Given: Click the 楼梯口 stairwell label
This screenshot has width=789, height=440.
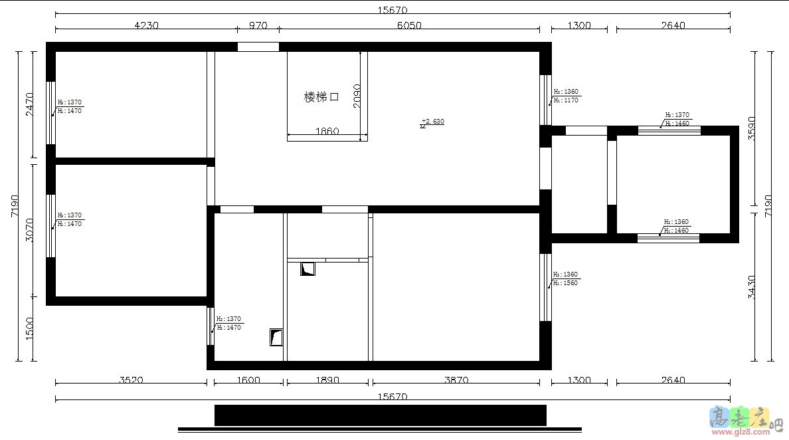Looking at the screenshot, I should click(321, 97).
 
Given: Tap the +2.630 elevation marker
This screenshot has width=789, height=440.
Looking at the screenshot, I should click(432, 122).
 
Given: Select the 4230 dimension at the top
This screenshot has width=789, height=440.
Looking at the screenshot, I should click(147, 25).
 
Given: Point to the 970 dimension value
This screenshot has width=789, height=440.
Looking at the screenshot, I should click(258, 25).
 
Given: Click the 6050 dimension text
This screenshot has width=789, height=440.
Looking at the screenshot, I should click(409, 25).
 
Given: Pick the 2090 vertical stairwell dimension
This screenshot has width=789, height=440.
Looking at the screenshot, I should click(357, 97).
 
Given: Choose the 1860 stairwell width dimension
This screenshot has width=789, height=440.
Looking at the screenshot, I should click(327, 132).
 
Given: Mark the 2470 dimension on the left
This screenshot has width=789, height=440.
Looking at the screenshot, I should click(30, 104).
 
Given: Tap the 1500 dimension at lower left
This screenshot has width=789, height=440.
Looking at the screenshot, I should click(30, 328).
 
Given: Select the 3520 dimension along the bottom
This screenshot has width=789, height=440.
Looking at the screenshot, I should click(131, 380).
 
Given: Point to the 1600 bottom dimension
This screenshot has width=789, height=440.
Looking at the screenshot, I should click(248, 380).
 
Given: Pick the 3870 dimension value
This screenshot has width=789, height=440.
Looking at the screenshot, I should click(456, 380).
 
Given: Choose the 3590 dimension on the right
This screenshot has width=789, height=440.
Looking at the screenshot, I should click(751, 128).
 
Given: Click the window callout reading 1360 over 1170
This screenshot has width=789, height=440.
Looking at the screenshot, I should click(566, 96).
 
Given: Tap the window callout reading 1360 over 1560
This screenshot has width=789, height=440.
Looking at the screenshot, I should click(566, 278).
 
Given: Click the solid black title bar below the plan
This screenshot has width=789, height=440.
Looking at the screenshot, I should click(380, 415).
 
